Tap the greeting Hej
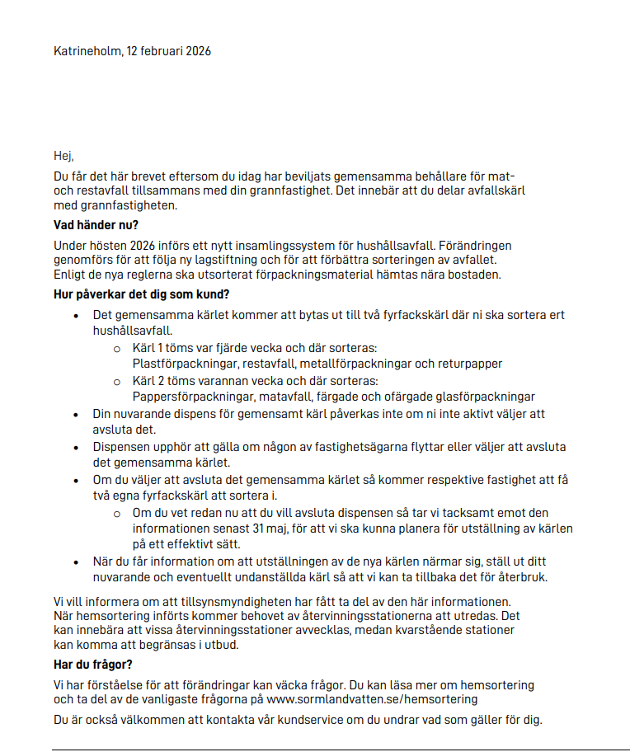coord(63,156)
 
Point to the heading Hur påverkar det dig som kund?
coord(141,294)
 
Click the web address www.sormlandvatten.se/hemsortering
coord(372,699)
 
